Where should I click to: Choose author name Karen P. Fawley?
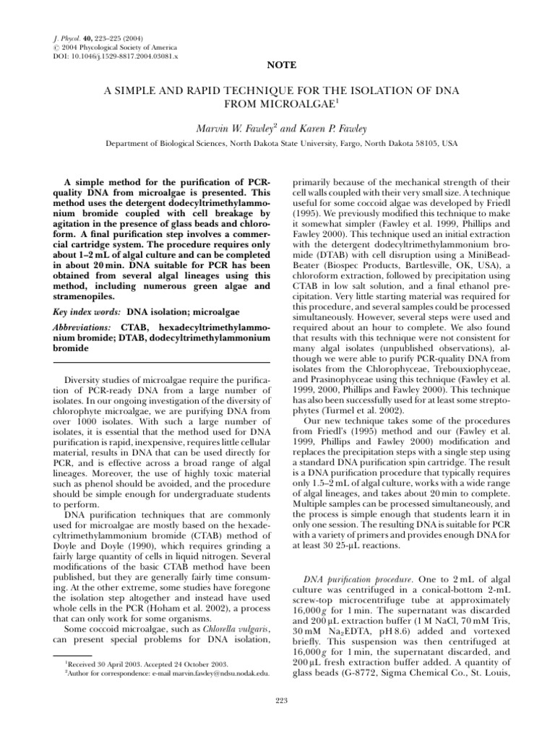(325, 128)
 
